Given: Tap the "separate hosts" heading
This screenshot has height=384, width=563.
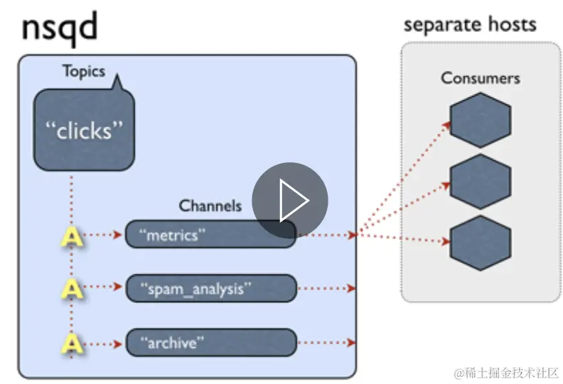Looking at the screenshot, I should click(x=470, y=25).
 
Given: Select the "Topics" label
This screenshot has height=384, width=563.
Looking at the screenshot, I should click(x=83, y=71).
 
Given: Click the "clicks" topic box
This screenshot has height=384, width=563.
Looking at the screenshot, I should click(x=84, y=129).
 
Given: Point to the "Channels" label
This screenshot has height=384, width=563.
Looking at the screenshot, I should click(x=210, y=206).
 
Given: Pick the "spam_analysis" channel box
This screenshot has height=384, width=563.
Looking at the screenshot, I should click(x=210, y=289).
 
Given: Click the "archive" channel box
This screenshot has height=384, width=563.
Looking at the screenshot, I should click(x=210, y=342).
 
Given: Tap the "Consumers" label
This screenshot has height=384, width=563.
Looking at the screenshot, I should click(x=480, y=78).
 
